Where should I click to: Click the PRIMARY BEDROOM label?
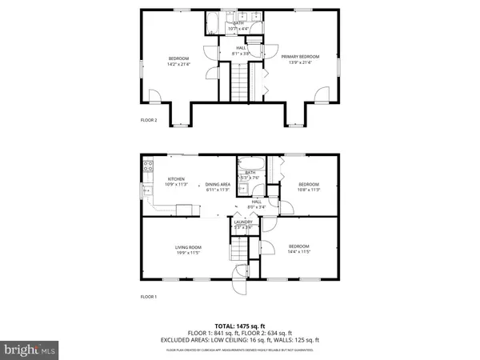pyautogui.click(x=300, y=56)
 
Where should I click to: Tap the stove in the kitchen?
pyautogui.click(x=148, y=167)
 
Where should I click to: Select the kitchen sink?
pyautogui.click(x=146, y=190)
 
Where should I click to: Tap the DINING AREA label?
pyautogui.click(x=218, y=184)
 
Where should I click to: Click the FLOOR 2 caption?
pyautogui.click(x=149, y=121)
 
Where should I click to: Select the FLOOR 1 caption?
pyautogui.click(x=149, y=296)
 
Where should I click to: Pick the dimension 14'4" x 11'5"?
pyautogui.click(x=298, y=251)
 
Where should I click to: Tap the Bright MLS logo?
pyautogui.click(x=30, y=349)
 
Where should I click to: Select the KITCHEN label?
pyautogui.click(x=177, y=179)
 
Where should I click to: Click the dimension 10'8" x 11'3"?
pyautogui.click(x=309, y=190)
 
